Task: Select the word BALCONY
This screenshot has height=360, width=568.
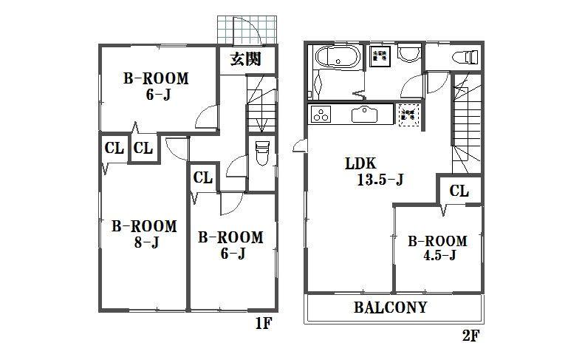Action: [x=391, y=308]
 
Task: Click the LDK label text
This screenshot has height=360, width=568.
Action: [x=359, y=163]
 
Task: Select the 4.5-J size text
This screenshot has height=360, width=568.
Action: [x=438, y=257]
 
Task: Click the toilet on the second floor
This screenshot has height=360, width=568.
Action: [x=465, y=56]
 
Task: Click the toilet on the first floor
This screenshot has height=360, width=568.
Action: [x=261, y=155]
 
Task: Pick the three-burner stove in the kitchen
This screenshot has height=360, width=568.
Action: [x=323, y=115]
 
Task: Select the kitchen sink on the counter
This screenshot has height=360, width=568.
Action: [x=366, y=115]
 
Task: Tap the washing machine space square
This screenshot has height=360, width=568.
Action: [x=380, y=58]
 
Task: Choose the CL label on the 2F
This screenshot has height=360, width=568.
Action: [x=459, y=191]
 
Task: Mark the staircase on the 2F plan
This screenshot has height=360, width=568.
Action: [x=466, y=122]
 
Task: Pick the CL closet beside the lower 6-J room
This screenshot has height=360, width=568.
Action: [x=203, y=177]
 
